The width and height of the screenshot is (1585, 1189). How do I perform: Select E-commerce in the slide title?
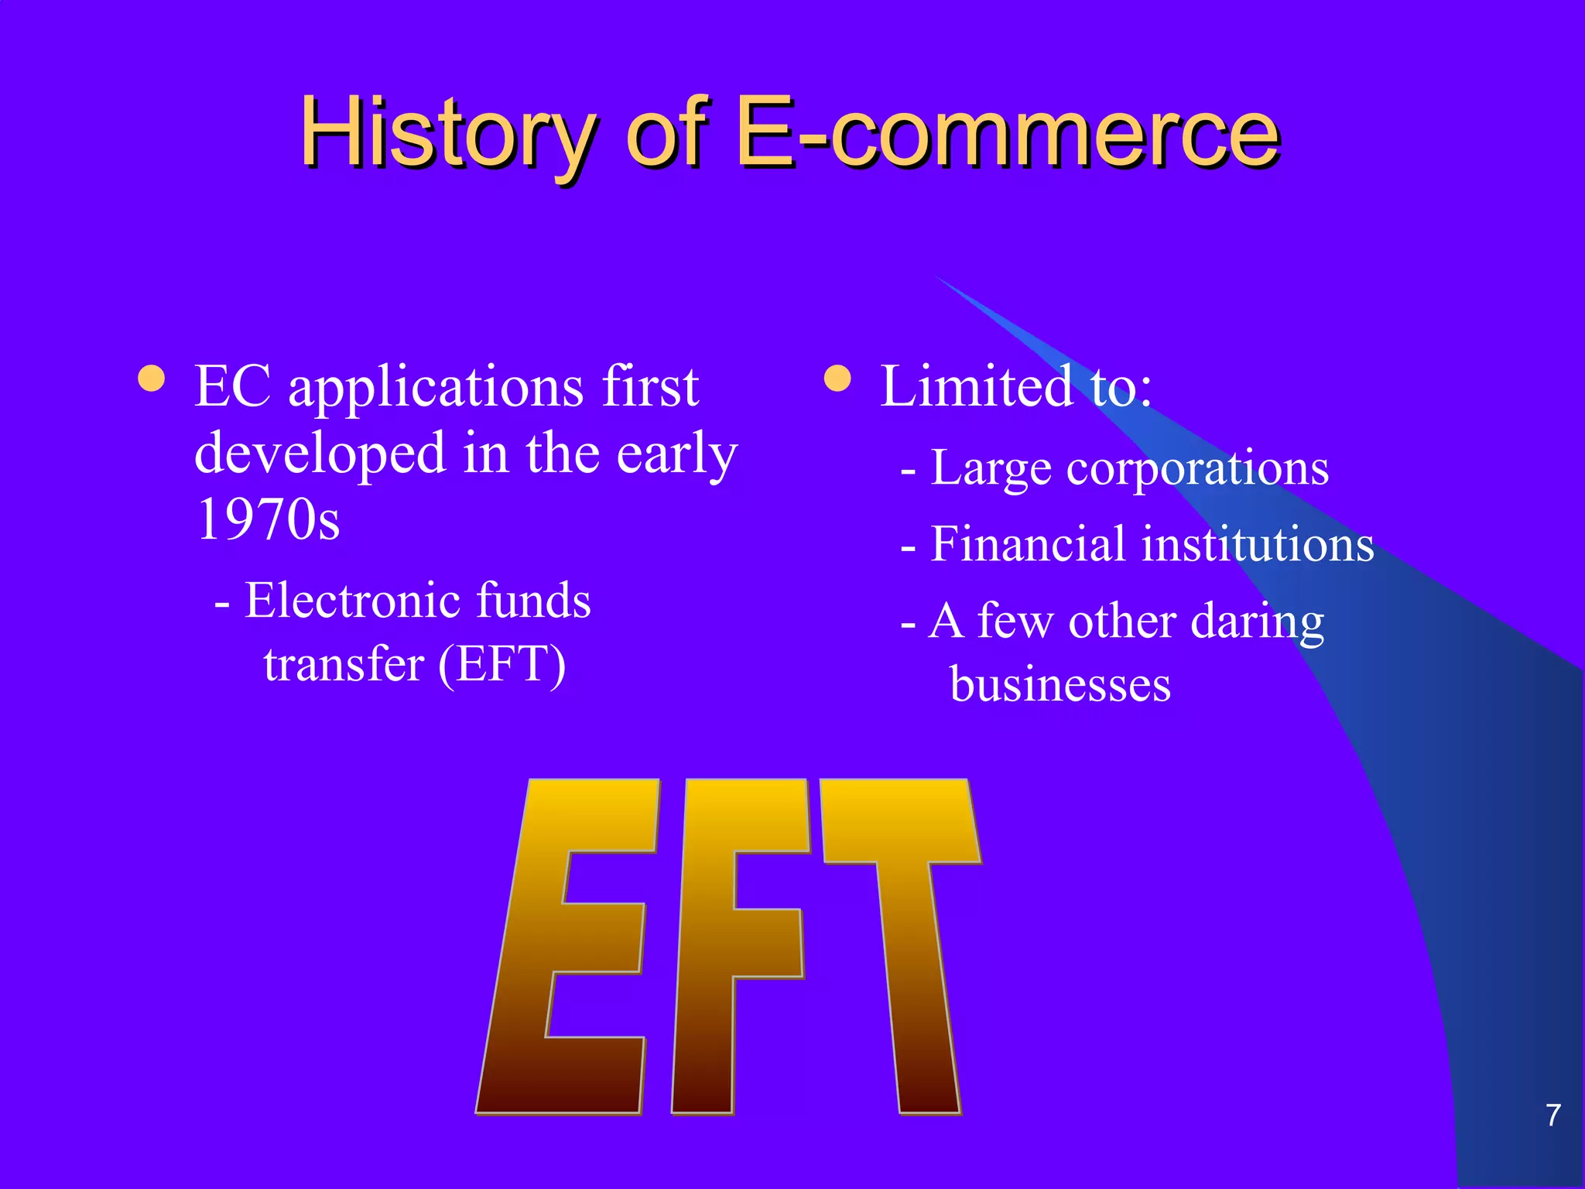(x=1006, y=133)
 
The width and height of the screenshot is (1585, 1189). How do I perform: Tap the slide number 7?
(x=1552, y=1115)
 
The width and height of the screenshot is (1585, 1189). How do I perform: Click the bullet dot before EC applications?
(x=151, y=379)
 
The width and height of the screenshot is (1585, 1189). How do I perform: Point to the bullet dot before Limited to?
(x=837, y=379)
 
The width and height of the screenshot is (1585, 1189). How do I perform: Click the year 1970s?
(x=268, y=519)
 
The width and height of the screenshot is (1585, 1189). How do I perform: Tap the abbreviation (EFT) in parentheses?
(x=502, y=664)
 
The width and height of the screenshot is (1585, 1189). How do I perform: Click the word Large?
(x=991, y=469)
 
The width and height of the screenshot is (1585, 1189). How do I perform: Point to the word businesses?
(x=1060, y=685)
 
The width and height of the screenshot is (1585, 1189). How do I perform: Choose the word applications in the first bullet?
(x=436, y=387)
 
